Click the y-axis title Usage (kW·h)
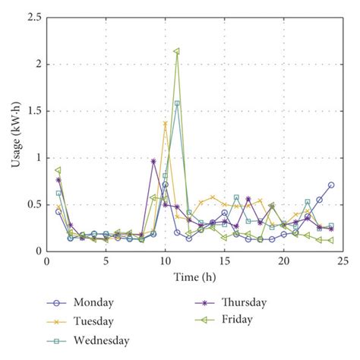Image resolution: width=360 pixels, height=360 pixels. (x=14, y=134)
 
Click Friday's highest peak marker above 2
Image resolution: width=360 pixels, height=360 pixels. (x=177, y=52)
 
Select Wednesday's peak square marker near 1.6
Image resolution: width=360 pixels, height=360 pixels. (x=177, y=103)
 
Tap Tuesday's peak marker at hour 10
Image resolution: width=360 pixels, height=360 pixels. (x=165, y=123)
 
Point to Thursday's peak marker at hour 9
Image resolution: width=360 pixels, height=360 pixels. (x=153, y=161)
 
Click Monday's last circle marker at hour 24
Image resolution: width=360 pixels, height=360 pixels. (x=331, y=185)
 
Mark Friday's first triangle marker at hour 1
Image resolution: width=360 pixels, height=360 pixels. (x=58, y=170)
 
